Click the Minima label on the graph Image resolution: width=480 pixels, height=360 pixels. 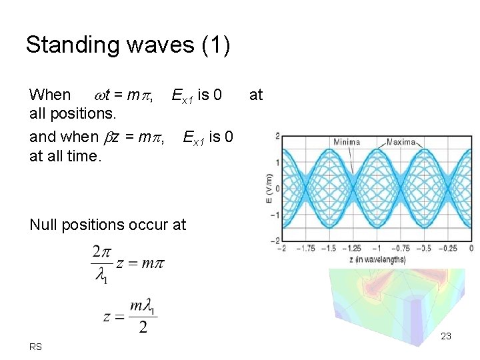(346, 141)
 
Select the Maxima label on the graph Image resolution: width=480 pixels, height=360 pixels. (401, 141)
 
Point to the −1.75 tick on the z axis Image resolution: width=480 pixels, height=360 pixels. (307, 248)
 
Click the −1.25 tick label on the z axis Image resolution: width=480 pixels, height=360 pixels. (354, 248)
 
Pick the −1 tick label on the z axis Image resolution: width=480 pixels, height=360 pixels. (377, 248)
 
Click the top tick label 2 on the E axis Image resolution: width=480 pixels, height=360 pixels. (277, 136)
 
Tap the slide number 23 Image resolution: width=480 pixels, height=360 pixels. (446, 336)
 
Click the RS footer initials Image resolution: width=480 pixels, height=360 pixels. (35, 347)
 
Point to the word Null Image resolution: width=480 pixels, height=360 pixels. (43, 225)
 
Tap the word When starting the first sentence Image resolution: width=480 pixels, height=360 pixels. (50, 95)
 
